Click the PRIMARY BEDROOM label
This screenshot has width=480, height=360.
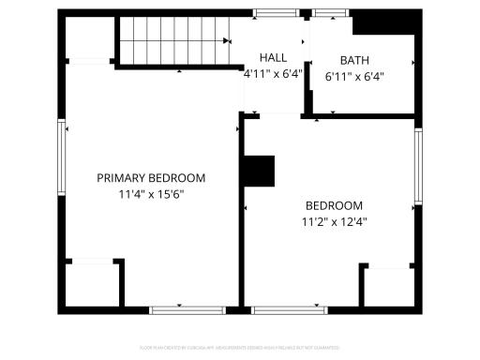point(151,178)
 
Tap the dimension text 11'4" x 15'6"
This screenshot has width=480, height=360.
point(151,195)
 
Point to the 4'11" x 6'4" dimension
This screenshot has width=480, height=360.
point(273,74)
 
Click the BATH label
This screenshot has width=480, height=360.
point(354,60)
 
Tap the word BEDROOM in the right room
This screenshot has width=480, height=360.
point(334,206)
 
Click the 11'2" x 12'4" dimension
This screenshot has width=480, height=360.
point(334,223)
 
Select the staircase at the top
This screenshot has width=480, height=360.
point(173,40)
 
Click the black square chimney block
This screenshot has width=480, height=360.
point(259,172)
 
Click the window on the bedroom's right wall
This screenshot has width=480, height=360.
point(418,165)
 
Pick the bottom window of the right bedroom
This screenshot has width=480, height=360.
point(283,309)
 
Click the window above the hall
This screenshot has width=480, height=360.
point(272,13)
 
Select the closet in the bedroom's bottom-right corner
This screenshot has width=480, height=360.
point(388,287)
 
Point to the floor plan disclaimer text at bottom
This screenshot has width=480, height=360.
point(240,347)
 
